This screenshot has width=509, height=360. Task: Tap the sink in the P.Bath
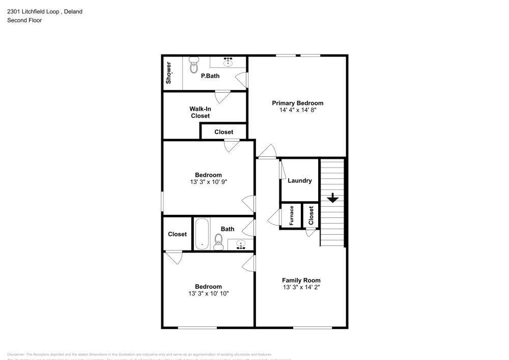click(228, 62)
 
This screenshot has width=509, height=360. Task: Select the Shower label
click(168, 73)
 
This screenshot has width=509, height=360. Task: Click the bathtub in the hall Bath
click(202, 234)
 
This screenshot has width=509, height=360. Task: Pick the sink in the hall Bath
click(240, 245)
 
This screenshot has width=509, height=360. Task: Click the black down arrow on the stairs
click(332, 198)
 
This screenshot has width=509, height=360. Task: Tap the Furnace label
click(292, 215)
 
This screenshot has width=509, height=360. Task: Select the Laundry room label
click(299, 181)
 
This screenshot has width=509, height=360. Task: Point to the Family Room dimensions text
click(301, 287)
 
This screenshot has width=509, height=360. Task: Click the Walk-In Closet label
click(200, 112)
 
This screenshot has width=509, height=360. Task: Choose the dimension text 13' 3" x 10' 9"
click(208, 182)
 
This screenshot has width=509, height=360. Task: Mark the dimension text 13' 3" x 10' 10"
click(208, 293)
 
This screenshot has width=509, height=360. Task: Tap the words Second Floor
click(24, 20)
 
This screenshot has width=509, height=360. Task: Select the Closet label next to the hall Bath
click(177, 234)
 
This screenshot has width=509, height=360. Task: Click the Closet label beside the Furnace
click(310, 215)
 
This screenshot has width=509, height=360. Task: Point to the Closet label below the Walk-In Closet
click(223, 132)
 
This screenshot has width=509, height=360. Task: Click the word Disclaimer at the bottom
click(16, 354)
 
